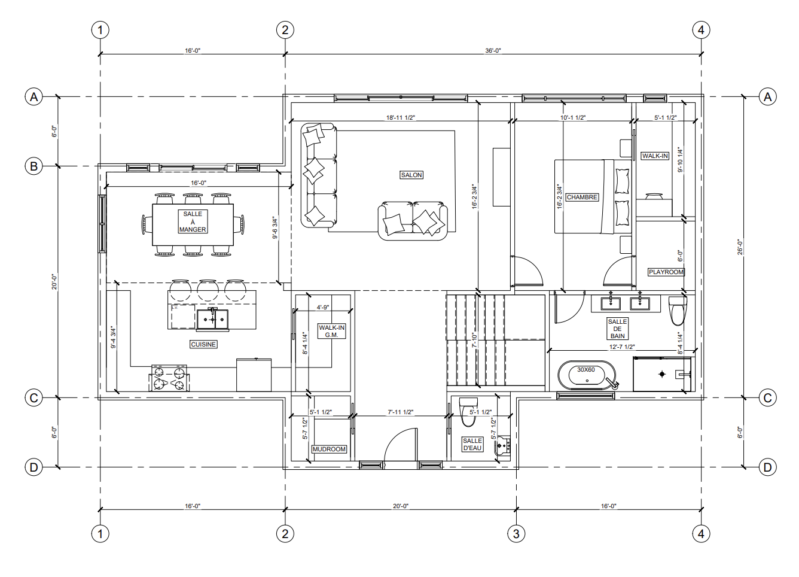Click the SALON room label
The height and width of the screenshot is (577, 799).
coord(411,175)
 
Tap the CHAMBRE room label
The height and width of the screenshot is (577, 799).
coord(582,197)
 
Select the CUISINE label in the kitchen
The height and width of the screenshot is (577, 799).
coord(203,344)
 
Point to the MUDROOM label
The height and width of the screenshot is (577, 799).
coord(329,449)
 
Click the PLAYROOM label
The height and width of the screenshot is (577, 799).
coord(666,272)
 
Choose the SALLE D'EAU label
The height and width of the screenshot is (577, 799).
coord(472,445)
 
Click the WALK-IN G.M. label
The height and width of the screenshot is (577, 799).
coord(332,332)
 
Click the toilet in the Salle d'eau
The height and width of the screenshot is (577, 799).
coord(468,412)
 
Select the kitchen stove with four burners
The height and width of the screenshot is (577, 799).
coord(169,378)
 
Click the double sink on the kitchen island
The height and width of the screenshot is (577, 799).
coord(212,318)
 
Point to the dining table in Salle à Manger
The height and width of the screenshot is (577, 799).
coord(193,224)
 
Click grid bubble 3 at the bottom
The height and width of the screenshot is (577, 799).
coord(516,534)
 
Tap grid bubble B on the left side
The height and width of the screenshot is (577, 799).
coord(34,166)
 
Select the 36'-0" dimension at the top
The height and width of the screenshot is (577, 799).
coord(493,51)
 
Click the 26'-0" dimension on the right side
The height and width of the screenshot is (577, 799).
coord(740,247)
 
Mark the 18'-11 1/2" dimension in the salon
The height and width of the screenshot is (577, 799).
coord(401,117)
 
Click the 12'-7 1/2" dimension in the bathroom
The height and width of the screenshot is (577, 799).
coord(622,347)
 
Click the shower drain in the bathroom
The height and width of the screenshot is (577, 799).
coord(662,374)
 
